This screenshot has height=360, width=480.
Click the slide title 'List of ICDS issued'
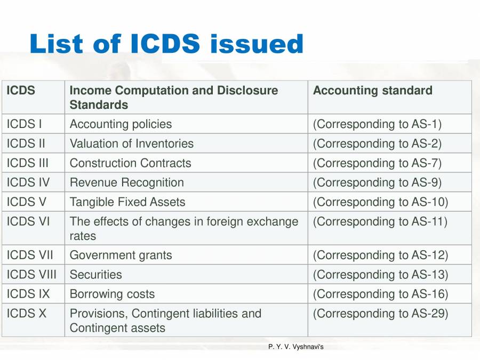166,44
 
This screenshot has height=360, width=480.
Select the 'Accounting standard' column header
372,91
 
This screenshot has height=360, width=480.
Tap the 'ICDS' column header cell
21,91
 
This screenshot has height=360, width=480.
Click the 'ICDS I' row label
24,124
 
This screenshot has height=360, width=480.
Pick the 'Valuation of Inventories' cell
132,143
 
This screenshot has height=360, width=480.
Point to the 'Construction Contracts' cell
130,163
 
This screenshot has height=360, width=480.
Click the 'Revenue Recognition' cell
126,182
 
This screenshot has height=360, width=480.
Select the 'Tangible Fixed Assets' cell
127,202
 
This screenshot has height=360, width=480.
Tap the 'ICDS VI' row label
28,221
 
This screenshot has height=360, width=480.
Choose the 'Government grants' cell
121,255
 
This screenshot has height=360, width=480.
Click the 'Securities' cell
95,275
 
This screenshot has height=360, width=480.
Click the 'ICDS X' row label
27,314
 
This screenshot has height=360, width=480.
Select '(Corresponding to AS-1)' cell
377,124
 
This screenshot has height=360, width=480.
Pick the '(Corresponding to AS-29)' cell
380,314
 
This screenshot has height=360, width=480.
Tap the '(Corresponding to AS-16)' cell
380,294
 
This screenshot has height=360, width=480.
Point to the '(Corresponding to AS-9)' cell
377,182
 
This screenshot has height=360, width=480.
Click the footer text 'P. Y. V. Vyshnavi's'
296,347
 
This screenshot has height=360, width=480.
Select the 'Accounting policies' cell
121,124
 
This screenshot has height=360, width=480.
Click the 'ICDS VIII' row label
31,275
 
